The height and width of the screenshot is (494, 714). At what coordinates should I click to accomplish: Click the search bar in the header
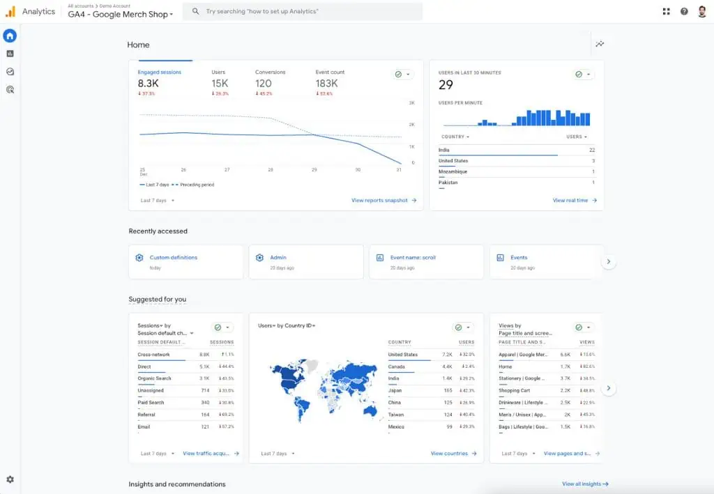(302, 12)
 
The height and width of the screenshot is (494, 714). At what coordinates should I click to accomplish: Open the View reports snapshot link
(383, 201)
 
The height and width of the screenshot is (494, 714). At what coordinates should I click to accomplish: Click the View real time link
(575, 201)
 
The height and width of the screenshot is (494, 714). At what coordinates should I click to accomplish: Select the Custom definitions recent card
(185, 262)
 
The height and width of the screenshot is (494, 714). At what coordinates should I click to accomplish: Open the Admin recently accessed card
(305, 262)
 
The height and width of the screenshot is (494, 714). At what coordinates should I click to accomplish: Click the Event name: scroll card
(425, 262)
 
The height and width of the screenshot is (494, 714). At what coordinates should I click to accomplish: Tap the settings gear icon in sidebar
(10, 479)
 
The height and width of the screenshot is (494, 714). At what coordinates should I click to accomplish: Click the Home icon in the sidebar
(10, 36)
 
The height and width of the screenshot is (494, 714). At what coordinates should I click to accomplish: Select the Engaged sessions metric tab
(159, 72)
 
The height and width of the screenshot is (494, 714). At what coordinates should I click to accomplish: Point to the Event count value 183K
(326, 84)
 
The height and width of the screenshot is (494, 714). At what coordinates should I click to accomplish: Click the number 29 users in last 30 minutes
(446, 85)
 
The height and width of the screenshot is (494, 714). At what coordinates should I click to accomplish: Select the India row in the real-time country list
(444, 150)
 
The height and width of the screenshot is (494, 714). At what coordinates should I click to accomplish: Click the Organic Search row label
(154, 378)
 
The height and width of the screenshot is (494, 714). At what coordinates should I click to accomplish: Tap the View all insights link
(585, 484)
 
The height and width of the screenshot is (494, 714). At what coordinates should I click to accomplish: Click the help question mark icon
(684, 12)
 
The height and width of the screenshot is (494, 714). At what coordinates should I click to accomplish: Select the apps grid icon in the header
(666, 12)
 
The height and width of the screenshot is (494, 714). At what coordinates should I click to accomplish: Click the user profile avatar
(702, 12)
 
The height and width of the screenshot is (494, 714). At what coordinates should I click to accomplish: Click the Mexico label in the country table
(396, 426)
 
